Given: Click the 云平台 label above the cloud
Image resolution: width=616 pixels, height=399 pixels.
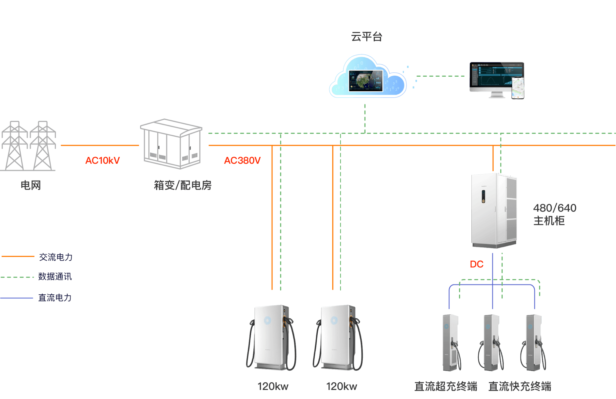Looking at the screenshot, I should click(367, 37).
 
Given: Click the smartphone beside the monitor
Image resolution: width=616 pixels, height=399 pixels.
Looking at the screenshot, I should click(518, 88).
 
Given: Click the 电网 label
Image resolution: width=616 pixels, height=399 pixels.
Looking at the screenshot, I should click(31, 185).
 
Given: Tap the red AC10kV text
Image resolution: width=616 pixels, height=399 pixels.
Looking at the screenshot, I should click(102, 161).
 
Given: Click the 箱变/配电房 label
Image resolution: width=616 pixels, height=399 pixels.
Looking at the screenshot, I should click(183, 185).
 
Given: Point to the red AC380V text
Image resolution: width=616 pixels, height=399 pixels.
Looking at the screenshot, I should click(242, 161).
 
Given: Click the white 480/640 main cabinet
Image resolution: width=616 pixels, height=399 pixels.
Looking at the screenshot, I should click(494, 210).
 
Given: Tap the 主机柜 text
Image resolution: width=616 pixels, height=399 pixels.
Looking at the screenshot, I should click(549, 221).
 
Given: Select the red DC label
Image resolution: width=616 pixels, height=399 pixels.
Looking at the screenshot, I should click(476, 264).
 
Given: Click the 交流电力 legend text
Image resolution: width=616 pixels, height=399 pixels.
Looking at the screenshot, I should click(56, 257).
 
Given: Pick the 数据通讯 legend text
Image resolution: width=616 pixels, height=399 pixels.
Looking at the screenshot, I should click(55, 276).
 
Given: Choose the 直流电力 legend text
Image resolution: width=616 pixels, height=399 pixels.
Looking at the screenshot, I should click(55, 298).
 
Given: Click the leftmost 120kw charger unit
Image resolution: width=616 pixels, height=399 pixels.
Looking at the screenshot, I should click(271, 338).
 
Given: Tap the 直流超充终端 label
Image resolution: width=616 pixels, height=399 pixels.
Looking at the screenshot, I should click(446, 386).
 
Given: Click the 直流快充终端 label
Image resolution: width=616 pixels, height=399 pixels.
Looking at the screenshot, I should click(520, 386).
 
